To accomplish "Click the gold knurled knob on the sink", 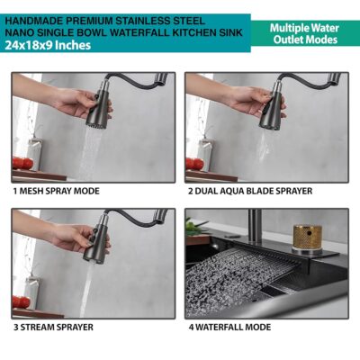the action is point(307,237).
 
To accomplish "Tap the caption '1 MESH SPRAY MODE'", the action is point(57,191).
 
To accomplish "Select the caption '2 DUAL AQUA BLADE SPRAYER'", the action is point(250,191).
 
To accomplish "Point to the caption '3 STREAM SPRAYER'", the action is point(53,327).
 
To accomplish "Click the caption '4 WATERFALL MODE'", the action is point(229,327).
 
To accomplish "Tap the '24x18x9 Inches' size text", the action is point(48,45).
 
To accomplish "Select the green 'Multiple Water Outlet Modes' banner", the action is point(305,33).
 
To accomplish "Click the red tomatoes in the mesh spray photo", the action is point(22,163).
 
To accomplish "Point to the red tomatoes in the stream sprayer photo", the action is point(21,301).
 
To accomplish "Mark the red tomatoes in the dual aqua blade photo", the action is point(195,164).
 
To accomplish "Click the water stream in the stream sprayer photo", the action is point(86,290).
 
